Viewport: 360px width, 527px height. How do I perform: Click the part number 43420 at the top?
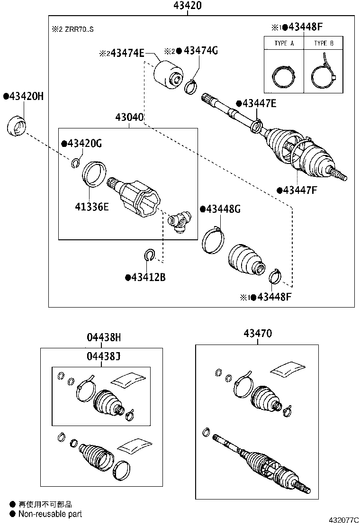(188, 6)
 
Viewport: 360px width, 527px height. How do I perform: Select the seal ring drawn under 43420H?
(18, 125)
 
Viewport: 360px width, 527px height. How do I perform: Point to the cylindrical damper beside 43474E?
(169, 75)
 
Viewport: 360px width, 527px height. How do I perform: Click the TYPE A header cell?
(284, 43)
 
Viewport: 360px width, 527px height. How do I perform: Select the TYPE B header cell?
(324, 43)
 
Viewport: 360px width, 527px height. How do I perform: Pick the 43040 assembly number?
(129, 118)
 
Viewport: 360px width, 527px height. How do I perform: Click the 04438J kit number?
(103, 356)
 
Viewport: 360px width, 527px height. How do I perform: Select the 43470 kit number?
(258, 334)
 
